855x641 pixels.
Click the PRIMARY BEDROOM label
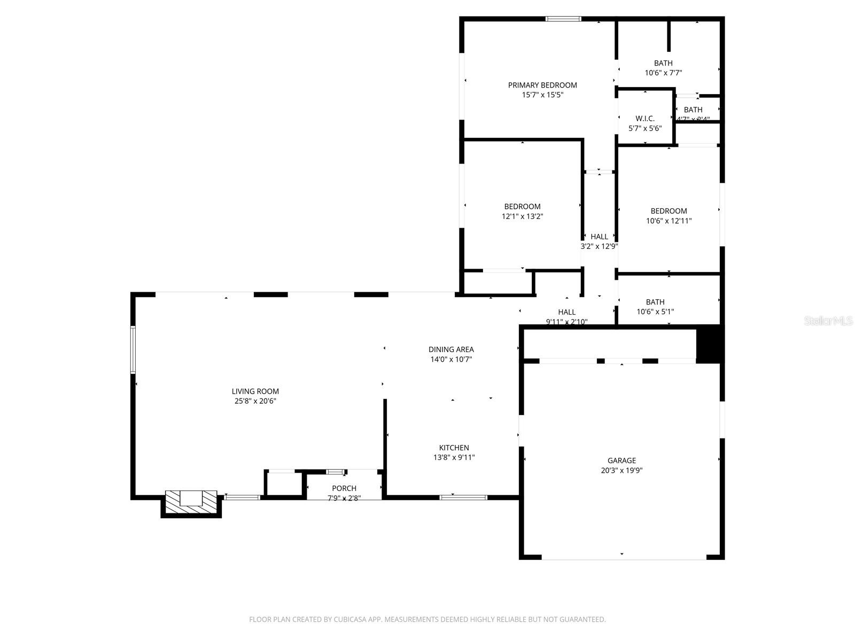[542, 85]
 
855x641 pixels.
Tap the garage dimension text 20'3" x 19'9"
[621, 471]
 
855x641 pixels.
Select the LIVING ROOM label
[255, 392]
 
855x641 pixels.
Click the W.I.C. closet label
[645, 119]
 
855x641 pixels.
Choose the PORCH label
[344, 488]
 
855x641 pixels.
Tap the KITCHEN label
[454, 448]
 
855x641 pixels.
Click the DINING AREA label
[451, 349]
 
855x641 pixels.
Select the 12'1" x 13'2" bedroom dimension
[522, 216]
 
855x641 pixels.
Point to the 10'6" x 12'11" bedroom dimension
[669, 221]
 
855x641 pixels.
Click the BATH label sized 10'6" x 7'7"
[663, 63]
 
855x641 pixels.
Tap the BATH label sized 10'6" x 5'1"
[655, 302]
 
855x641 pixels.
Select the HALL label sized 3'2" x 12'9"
[599, 237]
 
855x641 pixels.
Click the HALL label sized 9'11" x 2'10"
[567, 312]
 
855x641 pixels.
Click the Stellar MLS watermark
[828, 320]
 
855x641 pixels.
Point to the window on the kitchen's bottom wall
[463, 497]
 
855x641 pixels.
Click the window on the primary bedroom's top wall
[563, 19]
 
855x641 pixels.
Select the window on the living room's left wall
[133, 349]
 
